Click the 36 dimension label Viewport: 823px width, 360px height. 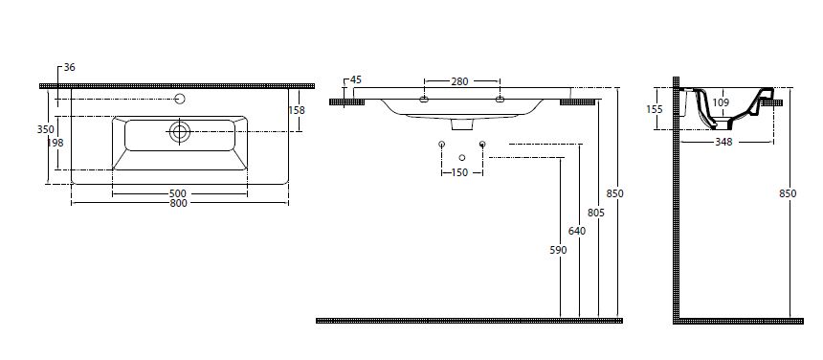click(x=70, y=67)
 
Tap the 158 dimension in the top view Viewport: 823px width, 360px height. click(x=297, y=110)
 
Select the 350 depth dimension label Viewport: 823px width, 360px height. click(x=46, y=129)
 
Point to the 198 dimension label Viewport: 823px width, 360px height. click(x=56, y=143)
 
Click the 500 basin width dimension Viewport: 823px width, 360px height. click(x=178, y=194)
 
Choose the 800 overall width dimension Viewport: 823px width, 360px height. click(x=178, y=204)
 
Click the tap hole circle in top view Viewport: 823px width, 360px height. click(x=180, y=99)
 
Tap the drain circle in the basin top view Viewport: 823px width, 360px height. click(x=180, y=132)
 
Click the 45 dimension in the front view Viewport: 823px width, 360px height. click(x=356, y=79)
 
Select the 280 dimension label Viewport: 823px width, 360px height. click(x=459, y=81)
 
